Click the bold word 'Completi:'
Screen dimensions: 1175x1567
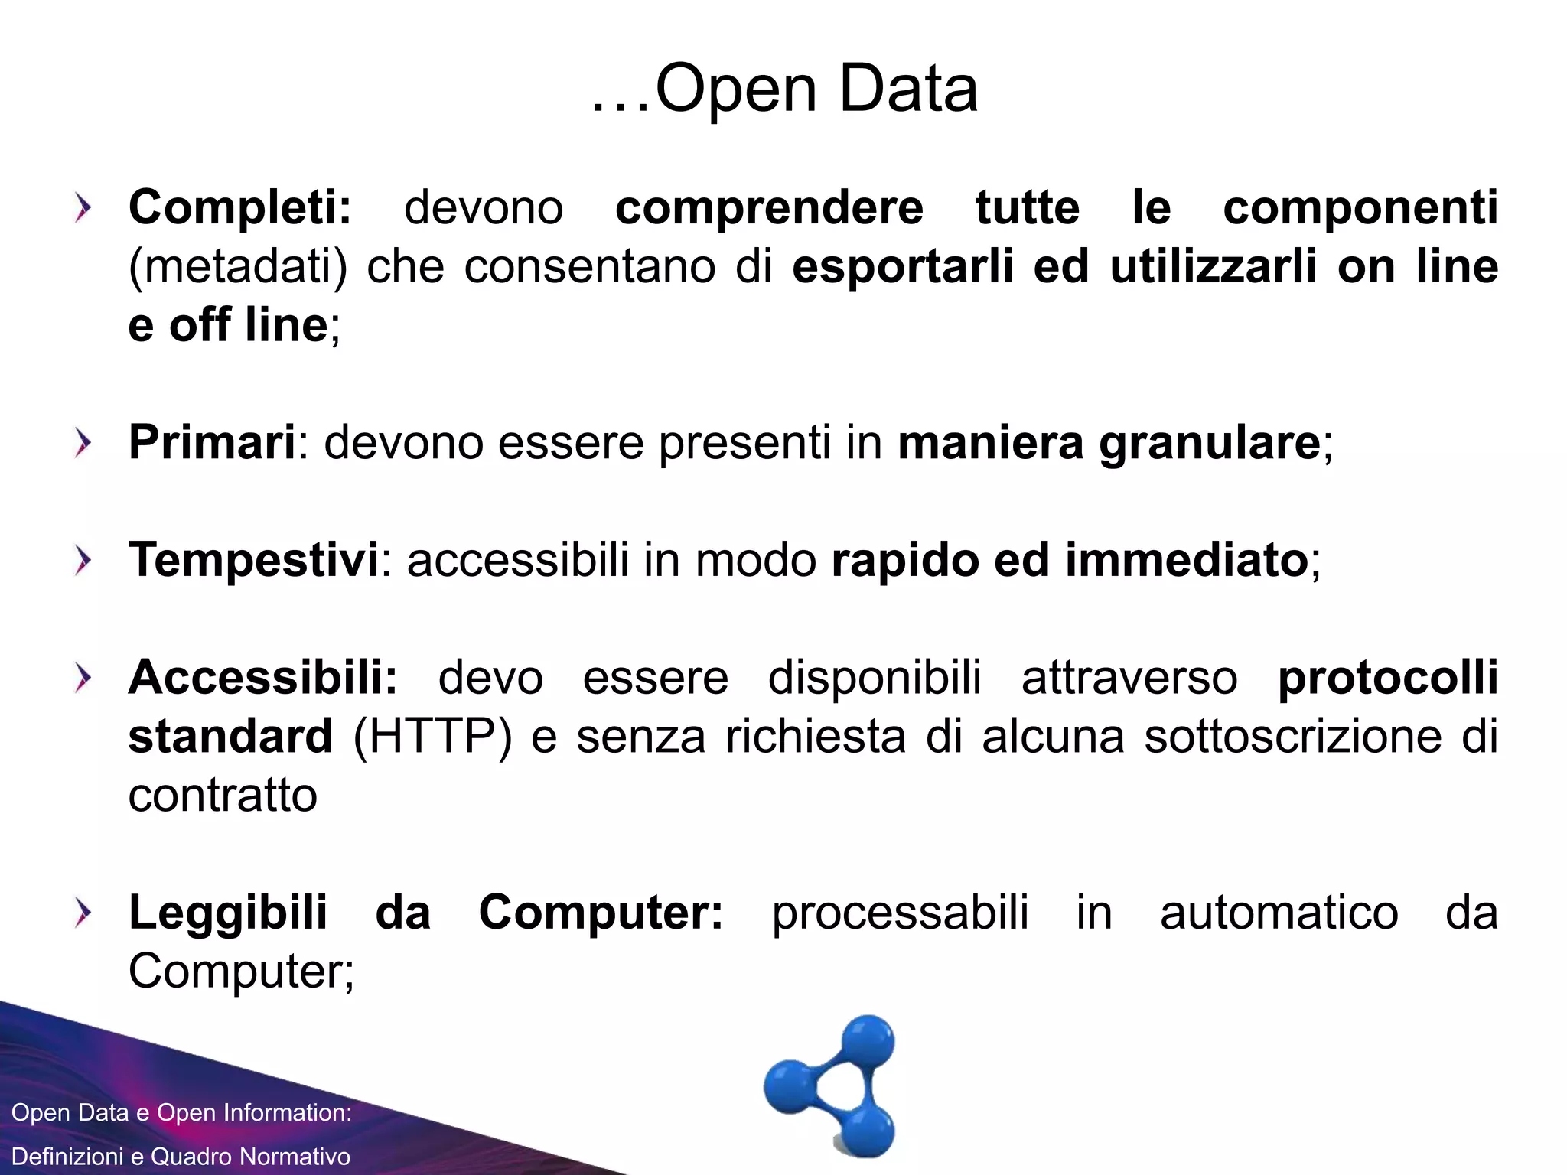tap(239, 207)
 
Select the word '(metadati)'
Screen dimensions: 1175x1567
tap(238, 267)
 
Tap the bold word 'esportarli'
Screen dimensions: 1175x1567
tap(902, 266)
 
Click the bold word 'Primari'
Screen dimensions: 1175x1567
tap(212, 442)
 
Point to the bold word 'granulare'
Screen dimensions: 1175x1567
tap(1209, 444)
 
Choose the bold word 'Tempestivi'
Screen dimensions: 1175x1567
tap(253, 560)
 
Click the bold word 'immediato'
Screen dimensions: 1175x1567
tap(1186, 560)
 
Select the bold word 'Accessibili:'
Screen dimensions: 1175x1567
tap(263, 678)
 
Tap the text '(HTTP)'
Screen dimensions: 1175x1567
tap(432, 737)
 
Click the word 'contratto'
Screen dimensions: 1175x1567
tap(223, 796)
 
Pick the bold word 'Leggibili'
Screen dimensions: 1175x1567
tap(228, 913)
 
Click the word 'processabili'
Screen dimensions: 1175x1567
tap(900, 913)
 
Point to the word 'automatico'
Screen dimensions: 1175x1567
tap(1279, 913)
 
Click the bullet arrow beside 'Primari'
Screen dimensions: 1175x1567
tap(83, 443)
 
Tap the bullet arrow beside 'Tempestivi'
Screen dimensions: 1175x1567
tap(83, 561)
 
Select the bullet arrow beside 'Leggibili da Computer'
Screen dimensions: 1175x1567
tap(83, 913)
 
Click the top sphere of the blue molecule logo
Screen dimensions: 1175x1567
tap(868, 1041)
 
